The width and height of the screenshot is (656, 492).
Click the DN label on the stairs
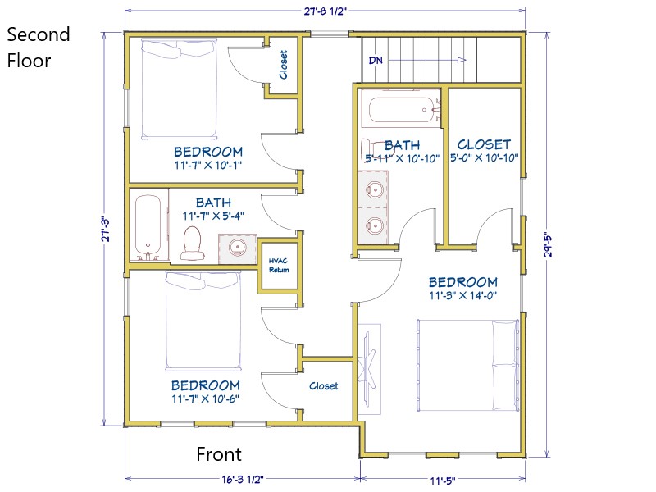(376, 60)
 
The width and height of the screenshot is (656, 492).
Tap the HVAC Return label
(279, 265)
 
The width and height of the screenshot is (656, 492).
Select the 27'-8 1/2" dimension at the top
(325, 11)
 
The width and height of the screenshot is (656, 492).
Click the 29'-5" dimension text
(549, 244)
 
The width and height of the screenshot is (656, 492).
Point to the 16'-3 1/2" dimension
(243, 479)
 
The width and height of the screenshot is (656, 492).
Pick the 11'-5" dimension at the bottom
(442, 481)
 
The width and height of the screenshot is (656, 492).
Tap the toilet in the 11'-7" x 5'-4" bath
(193, 243)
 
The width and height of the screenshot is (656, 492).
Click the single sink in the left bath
(237, 248)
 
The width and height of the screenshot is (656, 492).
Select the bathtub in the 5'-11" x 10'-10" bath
(402, 110)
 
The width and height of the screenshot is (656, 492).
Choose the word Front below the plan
(219, 454)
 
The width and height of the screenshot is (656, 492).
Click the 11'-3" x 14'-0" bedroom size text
(462, 295)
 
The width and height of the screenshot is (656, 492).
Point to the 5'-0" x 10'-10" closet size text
(484, 157)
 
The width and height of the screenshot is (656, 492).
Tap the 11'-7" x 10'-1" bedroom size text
(208, 166)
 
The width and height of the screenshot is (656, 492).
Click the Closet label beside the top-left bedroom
(283, 65)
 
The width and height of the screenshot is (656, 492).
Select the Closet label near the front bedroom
(323, 385)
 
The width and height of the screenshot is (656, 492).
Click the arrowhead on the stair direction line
(462, 60)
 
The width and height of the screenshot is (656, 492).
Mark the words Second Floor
(38, 48)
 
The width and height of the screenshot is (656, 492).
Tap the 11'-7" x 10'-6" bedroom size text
(206, 399)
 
